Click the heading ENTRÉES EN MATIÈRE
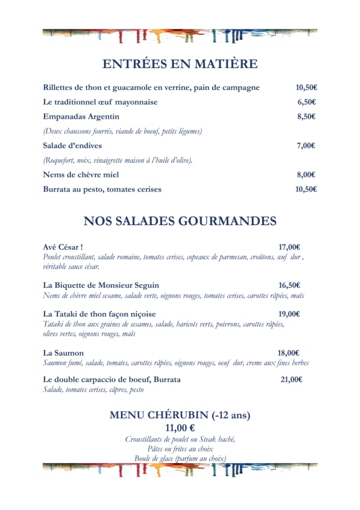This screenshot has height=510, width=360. (180, 64)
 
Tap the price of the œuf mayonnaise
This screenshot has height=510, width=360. (307, 102)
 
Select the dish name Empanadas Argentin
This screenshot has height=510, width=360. (81, 117)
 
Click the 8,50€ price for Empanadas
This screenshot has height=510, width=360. (307, 117)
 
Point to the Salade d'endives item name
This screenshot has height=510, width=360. (73, 146)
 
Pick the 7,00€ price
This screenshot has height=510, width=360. (306, 146)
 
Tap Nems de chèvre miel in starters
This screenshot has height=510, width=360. (81, 175)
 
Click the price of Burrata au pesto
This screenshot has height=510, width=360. (306, 189)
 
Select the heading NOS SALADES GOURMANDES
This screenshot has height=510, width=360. (180, 221)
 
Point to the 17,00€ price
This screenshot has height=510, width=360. (289, 247)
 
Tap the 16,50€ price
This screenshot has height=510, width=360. (289, 285)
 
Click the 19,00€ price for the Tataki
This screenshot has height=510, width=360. (289, 314)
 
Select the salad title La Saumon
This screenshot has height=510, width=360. (64, 353)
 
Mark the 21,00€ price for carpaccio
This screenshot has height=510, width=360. (291, 379)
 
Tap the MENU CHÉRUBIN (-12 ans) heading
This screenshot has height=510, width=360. (180, 415)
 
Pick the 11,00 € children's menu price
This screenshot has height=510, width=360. (180, 428)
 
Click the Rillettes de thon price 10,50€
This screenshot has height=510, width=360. (307, 87)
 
